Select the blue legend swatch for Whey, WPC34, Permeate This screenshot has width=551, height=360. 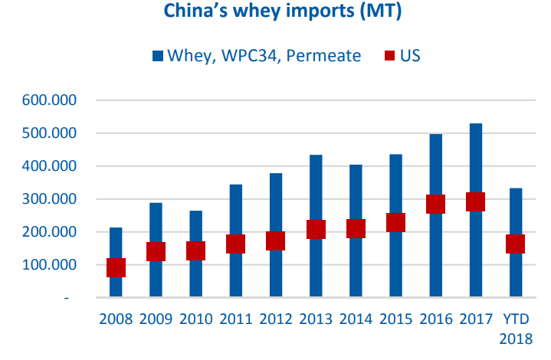(x=159, y=55)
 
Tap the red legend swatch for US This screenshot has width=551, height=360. (x=389, y=55)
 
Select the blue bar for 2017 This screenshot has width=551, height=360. (x=475, y=169)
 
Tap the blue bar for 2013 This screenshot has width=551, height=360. (x=316, y=191)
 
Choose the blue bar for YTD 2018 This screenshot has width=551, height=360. (x=515, y=214)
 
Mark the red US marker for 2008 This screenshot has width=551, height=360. (x=116, y=267)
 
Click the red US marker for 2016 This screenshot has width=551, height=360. (x=435, y=204)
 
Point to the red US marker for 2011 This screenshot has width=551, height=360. (x=235, y=244)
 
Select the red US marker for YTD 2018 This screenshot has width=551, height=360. (x=515, y=244)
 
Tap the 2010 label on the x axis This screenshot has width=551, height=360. (x=195, y=319)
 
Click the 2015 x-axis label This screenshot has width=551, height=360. (x=395, y=319)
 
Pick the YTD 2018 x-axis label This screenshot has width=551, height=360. (x=515, y=328)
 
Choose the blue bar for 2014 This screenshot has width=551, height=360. (x=356, y=191)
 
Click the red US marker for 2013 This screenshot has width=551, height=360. (x=316, y=229)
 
